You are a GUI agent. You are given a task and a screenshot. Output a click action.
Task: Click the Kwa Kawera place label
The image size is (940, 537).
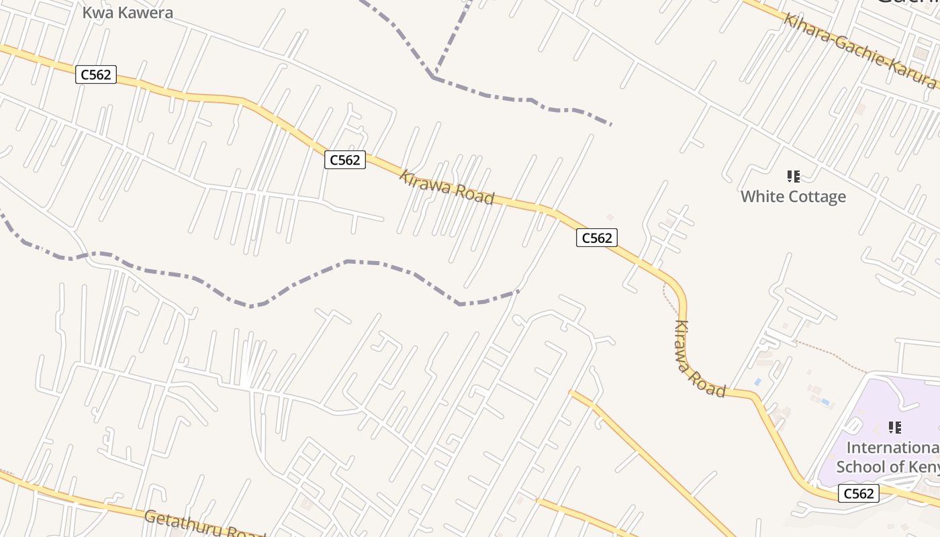pyautogui.click(x=128, y=12)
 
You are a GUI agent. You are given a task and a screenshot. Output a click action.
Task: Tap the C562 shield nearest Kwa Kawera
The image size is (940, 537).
pyautogui.click(x=96, y=75)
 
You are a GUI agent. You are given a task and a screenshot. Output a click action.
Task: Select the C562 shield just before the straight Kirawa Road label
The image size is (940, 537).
pyautogui.click(x=345, y=160)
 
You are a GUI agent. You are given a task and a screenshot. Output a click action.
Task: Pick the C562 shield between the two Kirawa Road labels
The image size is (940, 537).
pyautogui.click(x=596, y=238)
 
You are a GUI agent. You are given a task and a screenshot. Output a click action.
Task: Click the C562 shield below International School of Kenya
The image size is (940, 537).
pyautogui.click(x=858, y=494)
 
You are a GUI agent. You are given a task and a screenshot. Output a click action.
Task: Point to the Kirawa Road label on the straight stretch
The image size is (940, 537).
pyautogui.click(x=446, y=188)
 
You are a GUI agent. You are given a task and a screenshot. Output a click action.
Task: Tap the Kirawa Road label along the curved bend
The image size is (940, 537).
pyautogui.click(x=698, y=359)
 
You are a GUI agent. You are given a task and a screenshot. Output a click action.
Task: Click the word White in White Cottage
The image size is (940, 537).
pyautogui.click(x=762, y=197)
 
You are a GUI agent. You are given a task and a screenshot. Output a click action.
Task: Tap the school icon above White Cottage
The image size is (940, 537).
pyautogui.click(x=793, y=177)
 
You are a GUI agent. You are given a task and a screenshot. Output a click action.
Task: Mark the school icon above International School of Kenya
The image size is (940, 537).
pyautogui.click(x=894, y=427)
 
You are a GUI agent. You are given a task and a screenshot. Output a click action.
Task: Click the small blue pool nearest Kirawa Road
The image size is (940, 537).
pyautogui.click(x=757, y=382)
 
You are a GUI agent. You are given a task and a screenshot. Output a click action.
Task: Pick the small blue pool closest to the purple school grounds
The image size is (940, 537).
pyautogui.click(x=825, y=402)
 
